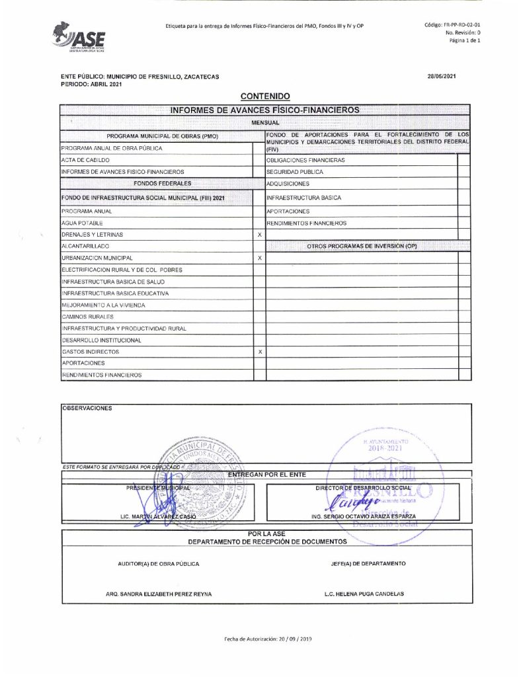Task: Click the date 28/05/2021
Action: point(442,77)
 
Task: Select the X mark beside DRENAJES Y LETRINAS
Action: point(259,235)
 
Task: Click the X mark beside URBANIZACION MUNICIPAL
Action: point(259,258)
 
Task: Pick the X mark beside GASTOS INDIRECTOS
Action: point(259,352)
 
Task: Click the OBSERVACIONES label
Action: point(87,408)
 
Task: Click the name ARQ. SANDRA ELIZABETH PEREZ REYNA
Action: point(159,594)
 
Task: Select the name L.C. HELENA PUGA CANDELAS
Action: point(364,594)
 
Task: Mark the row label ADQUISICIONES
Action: point(288,183)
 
